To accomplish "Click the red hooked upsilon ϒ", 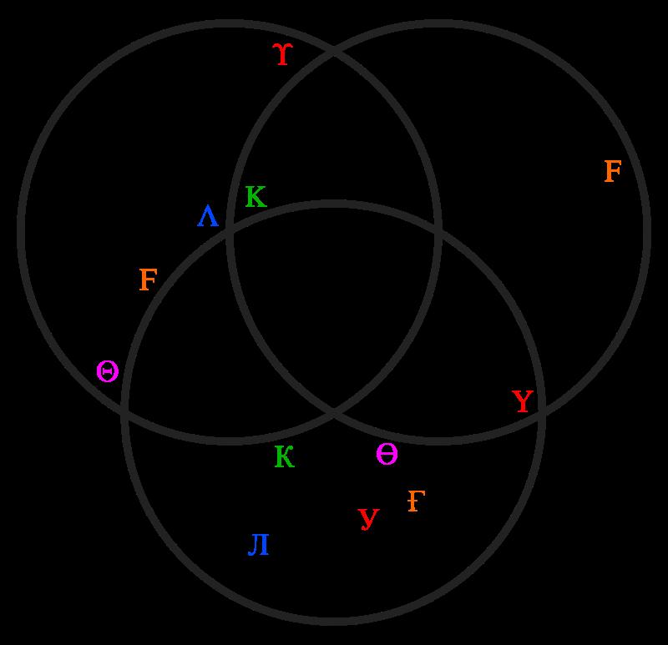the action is click(283, 55).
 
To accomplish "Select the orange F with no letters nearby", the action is click(612, 172).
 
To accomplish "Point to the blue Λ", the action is click(208, 218).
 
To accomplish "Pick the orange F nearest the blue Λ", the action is click(148, 280).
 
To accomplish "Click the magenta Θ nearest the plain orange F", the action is click(107, 371).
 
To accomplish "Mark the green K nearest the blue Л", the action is click(284, 457).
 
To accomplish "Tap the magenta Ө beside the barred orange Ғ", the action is click(387, 455).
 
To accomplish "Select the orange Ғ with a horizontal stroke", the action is click(416, 501).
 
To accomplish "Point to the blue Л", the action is click(259, 546).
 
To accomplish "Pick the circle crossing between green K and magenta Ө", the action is click(334, 411).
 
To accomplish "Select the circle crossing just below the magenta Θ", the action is click(125, 410).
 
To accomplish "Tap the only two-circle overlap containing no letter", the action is click(192, 350).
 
